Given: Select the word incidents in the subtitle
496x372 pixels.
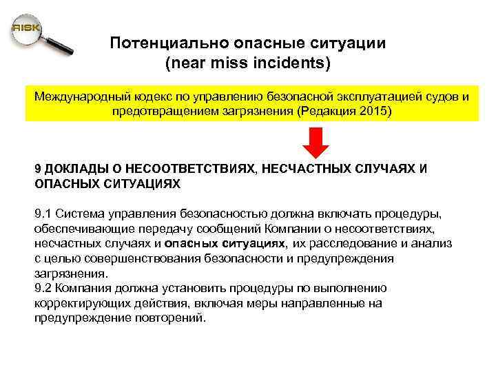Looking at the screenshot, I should pyautogui.click(x=295, y=64).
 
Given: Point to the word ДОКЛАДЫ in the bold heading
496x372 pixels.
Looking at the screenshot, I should pyautogui.click(x=72, y=169).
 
